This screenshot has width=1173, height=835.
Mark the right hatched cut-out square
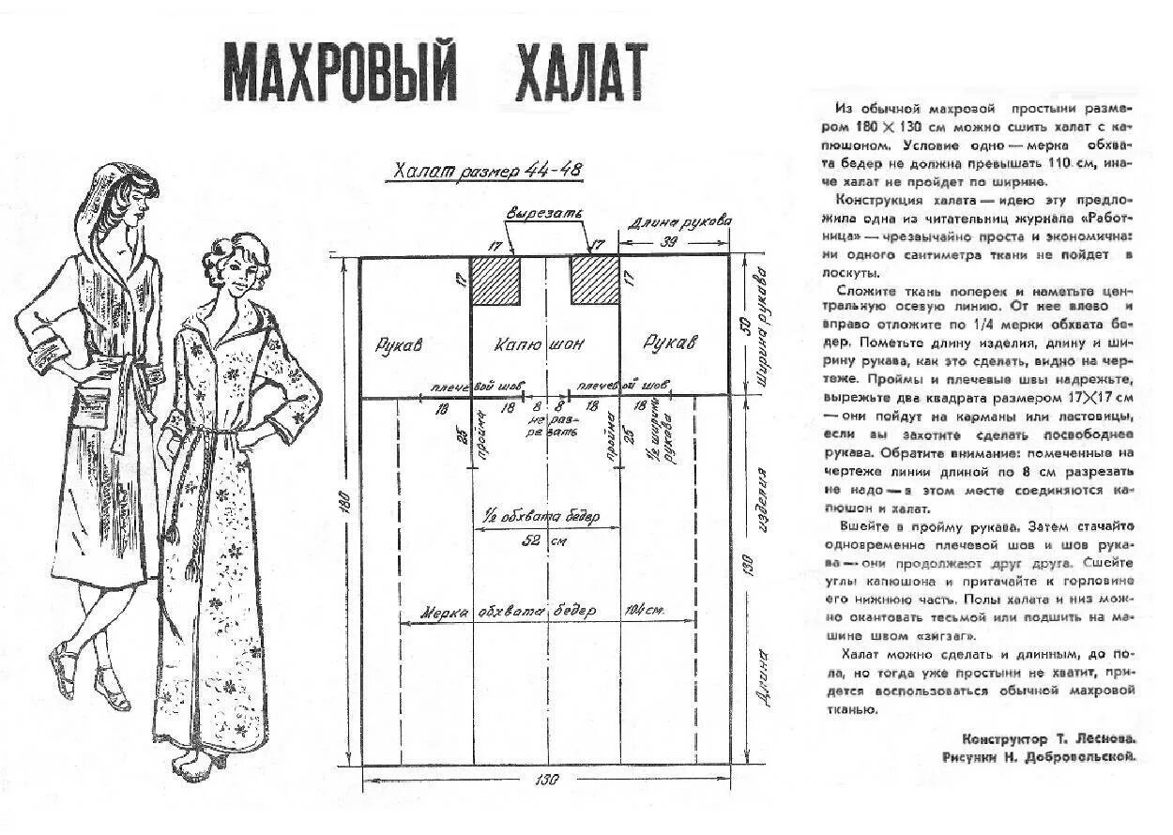(x=594, y=280)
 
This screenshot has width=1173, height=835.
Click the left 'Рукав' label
(x=401, y=344)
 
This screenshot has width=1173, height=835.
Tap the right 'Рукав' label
(x=670, y=343)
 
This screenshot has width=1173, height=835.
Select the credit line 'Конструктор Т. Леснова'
(x=1049, y=737)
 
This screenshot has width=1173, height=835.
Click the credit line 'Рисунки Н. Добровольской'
(x=1040, y=755)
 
